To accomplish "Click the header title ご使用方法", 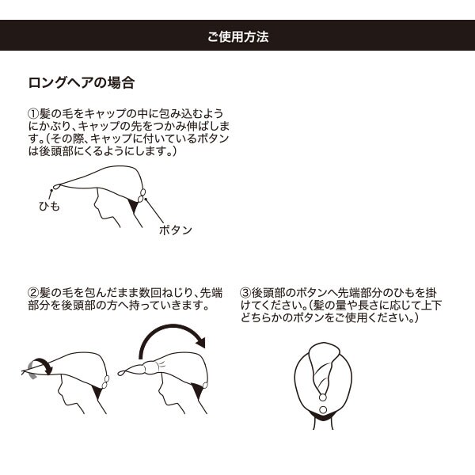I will click(237, 36).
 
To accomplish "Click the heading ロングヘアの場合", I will click(81, 82).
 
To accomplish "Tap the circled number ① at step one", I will click(33, 115).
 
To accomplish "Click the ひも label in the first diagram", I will click(49, 206).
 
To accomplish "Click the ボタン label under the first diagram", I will click(176, 230).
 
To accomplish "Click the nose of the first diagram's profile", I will click(93, 205).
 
